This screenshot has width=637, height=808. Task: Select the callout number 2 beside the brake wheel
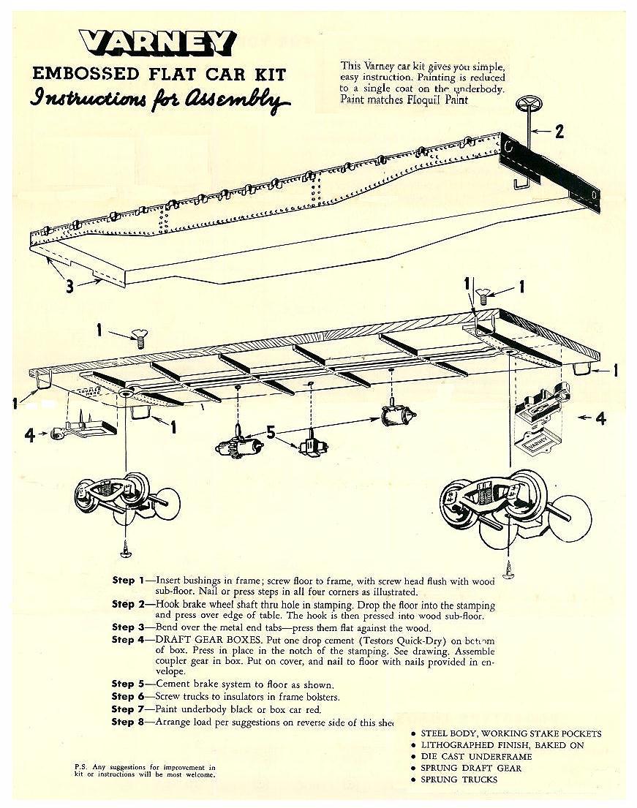tap(559, 132)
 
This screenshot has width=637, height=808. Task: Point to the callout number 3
tap(69, 286)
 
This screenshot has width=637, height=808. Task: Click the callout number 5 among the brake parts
tap(271, 432)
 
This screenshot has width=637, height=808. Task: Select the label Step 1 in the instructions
tap(123, 581)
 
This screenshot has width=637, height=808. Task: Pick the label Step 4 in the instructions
tap(123, 640)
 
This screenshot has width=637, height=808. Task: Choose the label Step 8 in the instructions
tap(123, 722)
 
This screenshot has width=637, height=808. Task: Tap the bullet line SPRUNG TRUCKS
tap(459, 779)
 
